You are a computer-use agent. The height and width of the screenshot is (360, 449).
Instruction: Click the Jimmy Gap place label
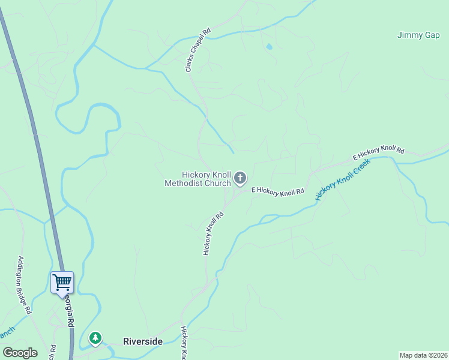[418, 35]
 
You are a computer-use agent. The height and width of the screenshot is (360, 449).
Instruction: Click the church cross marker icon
[240, 178]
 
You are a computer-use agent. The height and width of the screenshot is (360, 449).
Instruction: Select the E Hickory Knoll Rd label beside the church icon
[278, 191]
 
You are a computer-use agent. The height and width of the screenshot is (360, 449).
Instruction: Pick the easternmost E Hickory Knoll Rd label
[379, 154]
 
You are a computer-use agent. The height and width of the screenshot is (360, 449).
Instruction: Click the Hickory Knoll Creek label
[343, 179]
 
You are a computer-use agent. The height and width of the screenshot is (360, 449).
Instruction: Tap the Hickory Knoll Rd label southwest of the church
[213, 233]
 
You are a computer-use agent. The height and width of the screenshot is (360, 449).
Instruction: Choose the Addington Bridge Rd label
[24, 286]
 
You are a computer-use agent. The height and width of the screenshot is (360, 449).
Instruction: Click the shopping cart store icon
[62, 281]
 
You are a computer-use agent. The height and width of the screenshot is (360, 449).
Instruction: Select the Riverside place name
[143, 341]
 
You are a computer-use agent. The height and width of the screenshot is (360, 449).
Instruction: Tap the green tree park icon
[95, 338]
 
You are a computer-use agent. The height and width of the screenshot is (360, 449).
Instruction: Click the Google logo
[20, 353]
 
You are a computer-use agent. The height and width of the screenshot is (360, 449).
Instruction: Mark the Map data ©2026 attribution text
[423, 355]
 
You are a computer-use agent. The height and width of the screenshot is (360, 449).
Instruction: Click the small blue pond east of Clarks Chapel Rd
[269, 47]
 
